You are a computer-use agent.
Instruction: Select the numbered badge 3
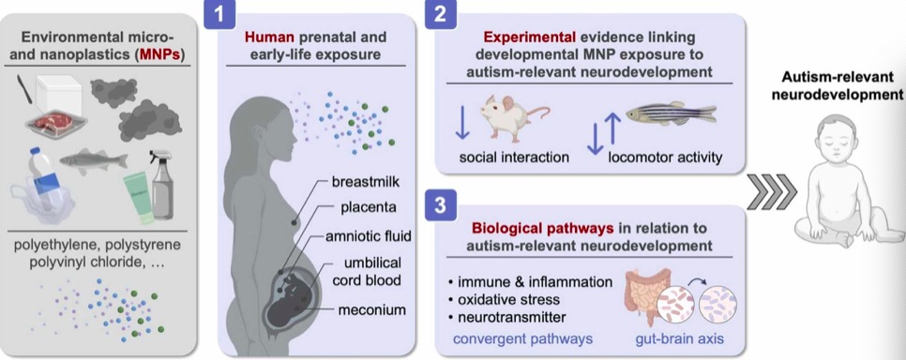point(440,205)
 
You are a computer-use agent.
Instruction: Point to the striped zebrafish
point(671,113)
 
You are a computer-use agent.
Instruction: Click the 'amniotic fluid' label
point(368,237)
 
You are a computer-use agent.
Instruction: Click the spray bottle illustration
point(161,185)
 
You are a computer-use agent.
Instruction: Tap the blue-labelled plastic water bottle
point(45,175)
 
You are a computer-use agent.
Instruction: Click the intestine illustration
point(645,292)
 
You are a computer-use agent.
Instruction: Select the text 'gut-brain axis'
point(679,338)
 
